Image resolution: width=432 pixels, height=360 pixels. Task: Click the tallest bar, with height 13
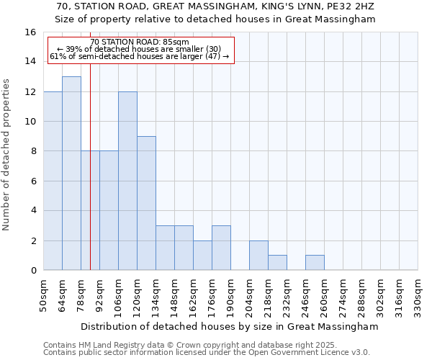pyautogui.click(x=71, y=173)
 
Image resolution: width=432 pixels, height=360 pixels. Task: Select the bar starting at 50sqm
pyautogui.click(x=53, y=181)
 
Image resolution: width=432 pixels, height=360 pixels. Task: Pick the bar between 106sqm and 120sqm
pyautogui.click(x=127, y=181)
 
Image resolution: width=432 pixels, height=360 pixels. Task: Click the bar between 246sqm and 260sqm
pyautogui.click(x=315, y=263)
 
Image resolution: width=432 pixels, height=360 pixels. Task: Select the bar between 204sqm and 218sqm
pyautogui.click(x=258, y=256)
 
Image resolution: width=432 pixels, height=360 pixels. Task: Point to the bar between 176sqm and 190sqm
pyautogui.click(x=221, y=248)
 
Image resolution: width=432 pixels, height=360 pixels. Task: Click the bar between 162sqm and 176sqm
pyautogui.click(x=202, y=256)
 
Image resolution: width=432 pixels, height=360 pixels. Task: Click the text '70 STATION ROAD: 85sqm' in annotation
pyautogui.click(x=140, y=42)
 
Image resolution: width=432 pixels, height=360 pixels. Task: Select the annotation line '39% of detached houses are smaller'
pyautogui.click(x=140, y=49)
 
